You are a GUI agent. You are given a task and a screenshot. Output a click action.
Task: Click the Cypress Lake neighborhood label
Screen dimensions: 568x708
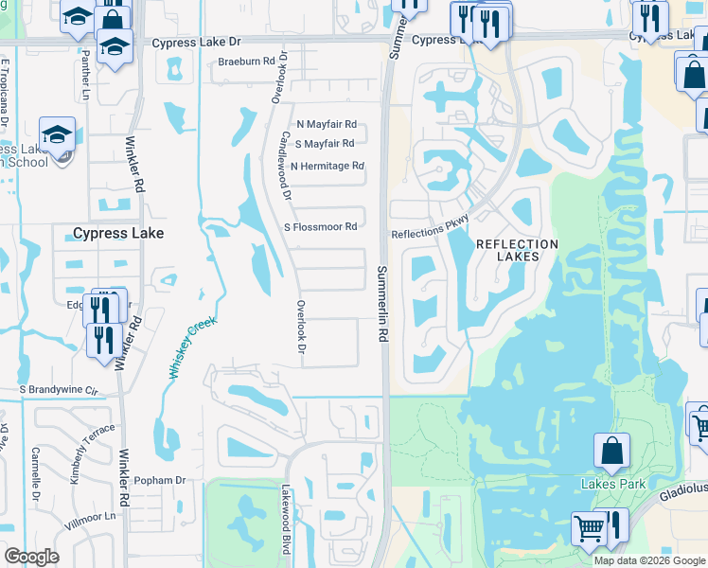[118, 233]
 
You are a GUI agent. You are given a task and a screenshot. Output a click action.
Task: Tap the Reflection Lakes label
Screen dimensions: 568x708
[517, 250]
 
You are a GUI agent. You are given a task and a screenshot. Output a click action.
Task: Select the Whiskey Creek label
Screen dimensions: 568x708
[194, 347]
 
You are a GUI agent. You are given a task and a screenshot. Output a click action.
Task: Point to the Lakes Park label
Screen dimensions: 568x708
[612, 484]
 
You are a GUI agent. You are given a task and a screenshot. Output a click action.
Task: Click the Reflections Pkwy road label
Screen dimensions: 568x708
[431, 234]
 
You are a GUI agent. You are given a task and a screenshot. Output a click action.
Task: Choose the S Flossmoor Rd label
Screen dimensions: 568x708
[321, 227]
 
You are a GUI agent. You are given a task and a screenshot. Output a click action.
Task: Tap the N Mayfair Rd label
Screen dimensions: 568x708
[327, 124]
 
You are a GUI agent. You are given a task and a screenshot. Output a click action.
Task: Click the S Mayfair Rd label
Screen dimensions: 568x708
[325, 144]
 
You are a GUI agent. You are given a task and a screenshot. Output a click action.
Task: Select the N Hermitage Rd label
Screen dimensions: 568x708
[327, 167]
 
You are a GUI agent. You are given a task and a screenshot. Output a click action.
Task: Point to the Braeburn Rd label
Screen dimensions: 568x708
[247, 61]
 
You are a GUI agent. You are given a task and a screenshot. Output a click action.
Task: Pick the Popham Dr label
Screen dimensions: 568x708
[160, 481]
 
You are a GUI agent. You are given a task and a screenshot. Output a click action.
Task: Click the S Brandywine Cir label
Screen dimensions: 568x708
[59, 389]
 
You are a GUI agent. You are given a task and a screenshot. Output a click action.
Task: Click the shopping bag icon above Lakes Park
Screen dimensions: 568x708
[612, 451]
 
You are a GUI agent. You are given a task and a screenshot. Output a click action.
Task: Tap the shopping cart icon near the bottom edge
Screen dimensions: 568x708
[589, 528]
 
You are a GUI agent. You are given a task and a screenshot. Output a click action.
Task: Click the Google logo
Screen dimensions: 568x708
[31, 557]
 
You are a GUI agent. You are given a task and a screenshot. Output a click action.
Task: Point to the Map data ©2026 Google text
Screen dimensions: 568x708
[648, 560]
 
